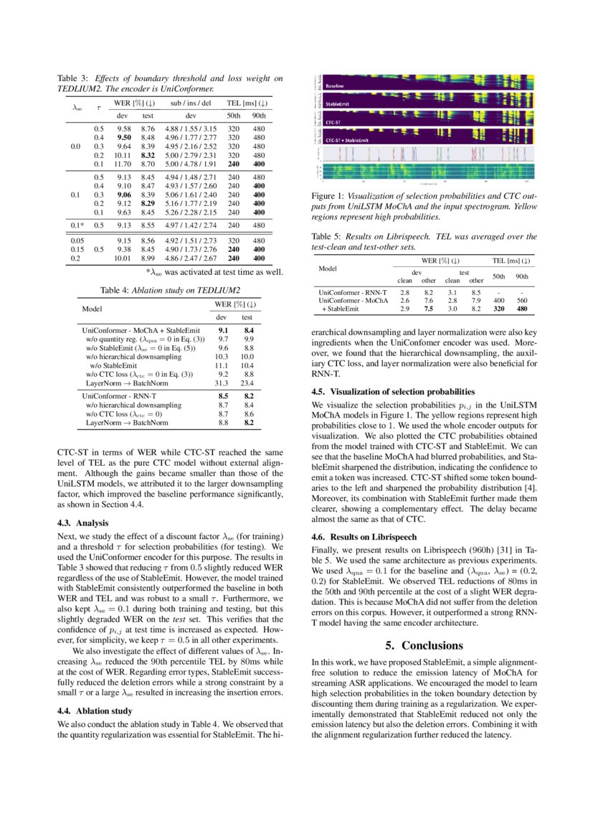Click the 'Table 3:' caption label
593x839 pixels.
pos(72,78)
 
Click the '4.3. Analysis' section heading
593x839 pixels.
pos(82,523)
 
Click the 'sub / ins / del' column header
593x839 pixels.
pos(190,103)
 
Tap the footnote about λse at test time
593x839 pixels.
pos(214,271)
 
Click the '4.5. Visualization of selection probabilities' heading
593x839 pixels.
pos(392,392)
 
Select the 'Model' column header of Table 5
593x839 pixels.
pos(328,269)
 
